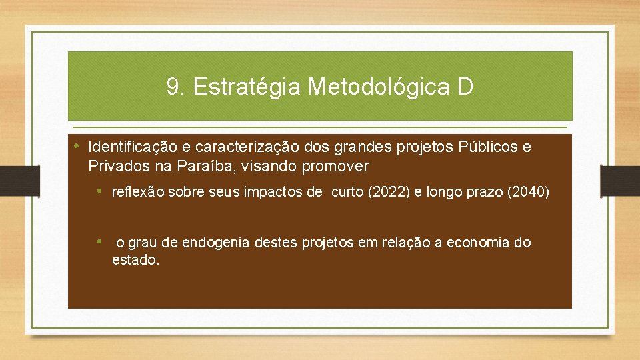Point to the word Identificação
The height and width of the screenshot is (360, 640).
click(128, 147)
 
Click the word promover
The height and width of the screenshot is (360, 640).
click(336, 165)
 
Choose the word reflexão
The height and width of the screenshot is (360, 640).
click(138, 193)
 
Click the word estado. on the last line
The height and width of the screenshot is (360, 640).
click(135, 260)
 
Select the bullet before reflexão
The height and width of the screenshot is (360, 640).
click(99, 191)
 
